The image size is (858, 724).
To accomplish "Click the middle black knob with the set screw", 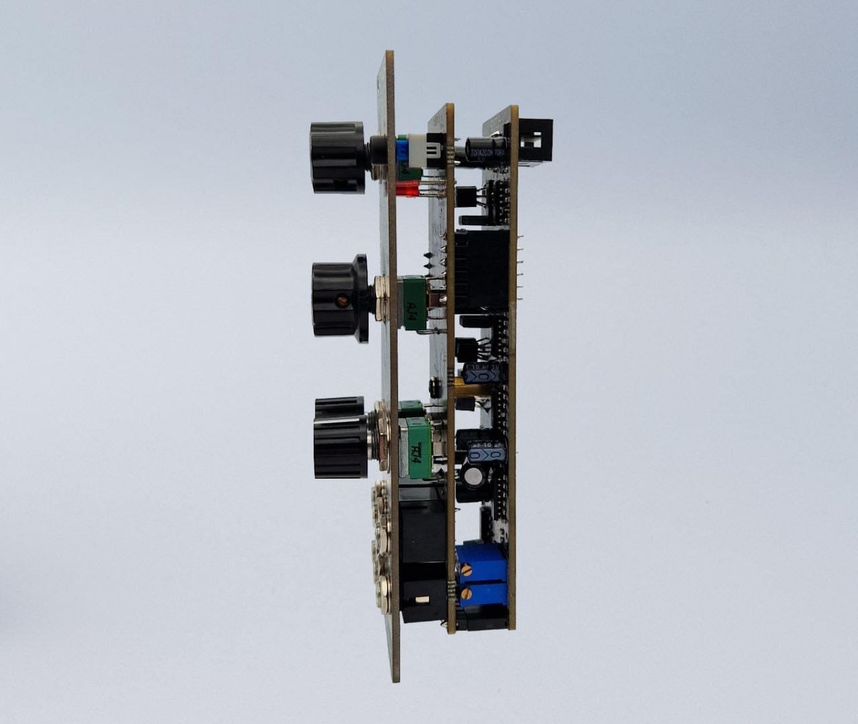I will pyautogui.click(x=341, y=298).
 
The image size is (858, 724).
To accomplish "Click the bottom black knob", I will pyautogui.click(x=341, y=439).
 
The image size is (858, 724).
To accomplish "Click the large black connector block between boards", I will pyautogui.click(x=480, y=271).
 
